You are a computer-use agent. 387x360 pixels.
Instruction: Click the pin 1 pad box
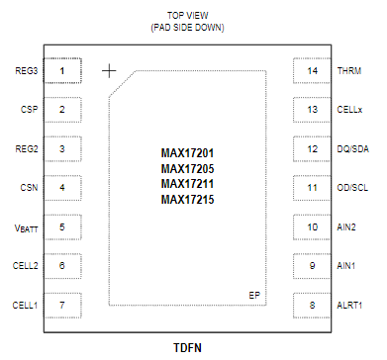click(63, 71)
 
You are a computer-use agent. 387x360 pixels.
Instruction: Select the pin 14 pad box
click(312, 71)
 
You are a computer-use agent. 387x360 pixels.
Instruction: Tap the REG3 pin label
click(26, 71)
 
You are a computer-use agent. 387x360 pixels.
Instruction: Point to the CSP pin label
click(28, 110)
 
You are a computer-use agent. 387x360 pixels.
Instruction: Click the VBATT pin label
click(26, 227)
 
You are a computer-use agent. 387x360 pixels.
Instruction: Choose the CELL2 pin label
click(25, 266)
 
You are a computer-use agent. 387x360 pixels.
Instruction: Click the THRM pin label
click(349, 71)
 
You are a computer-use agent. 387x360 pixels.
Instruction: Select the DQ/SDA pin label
click(354, 149)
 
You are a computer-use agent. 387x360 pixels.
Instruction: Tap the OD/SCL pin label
click(354, 188)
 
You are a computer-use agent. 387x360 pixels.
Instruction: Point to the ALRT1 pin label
click(350, 306)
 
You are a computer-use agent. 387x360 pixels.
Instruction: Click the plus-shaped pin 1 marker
click(109, 71)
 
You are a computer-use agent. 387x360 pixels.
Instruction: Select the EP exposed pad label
click(254, 296)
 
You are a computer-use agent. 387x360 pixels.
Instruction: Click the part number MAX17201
click(188, 153)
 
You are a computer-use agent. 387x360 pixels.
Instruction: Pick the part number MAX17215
click(188, 200)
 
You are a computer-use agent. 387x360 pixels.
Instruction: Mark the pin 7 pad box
click(63, 306)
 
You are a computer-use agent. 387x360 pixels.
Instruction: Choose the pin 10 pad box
click(312, 227)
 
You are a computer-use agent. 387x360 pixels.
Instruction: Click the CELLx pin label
click(351, 110)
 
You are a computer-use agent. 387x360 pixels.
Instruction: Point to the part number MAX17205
click(188, 169)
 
